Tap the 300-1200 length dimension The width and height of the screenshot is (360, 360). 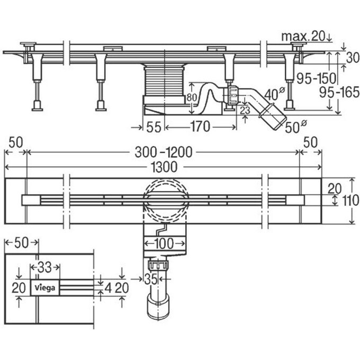tap(163, 152)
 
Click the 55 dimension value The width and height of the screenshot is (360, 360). tap(154, 127)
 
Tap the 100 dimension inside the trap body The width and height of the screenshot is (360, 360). tap(164, 244)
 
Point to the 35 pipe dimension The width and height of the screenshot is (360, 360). tap(150, 278)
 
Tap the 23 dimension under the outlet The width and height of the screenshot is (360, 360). tap(245, 110)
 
